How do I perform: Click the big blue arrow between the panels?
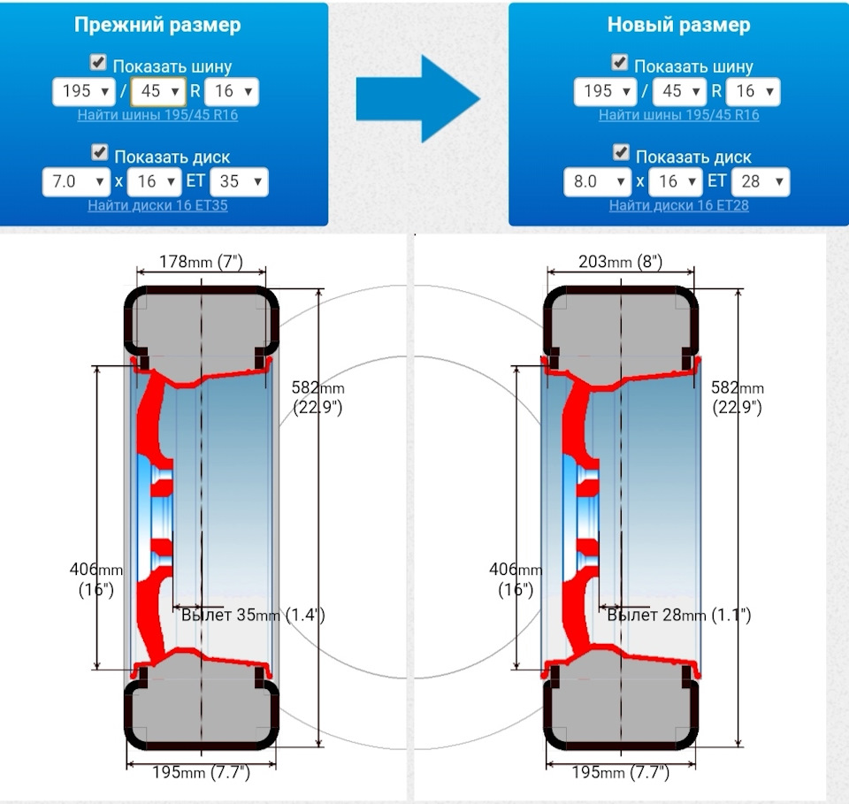[417, 98]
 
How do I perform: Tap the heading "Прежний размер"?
[157, 25]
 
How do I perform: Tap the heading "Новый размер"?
[678, 25]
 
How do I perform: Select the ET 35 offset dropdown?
[239, 182]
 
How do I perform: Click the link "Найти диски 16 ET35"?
[157, 205]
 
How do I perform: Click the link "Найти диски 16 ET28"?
[679, 205]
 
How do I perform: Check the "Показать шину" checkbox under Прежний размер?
[99, 63]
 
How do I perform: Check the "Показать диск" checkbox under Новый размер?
[621, 154]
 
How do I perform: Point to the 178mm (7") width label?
[201, 263]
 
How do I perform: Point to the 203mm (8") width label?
[620, 263]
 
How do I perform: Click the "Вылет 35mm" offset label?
[253, 616]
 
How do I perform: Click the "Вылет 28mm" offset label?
[679, 616]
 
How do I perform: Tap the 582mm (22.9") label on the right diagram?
[737, 397]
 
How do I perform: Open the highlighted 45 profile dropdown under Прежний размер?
[158, 91]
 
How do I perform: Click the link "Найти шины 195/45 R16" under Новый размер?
[678, 115]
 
